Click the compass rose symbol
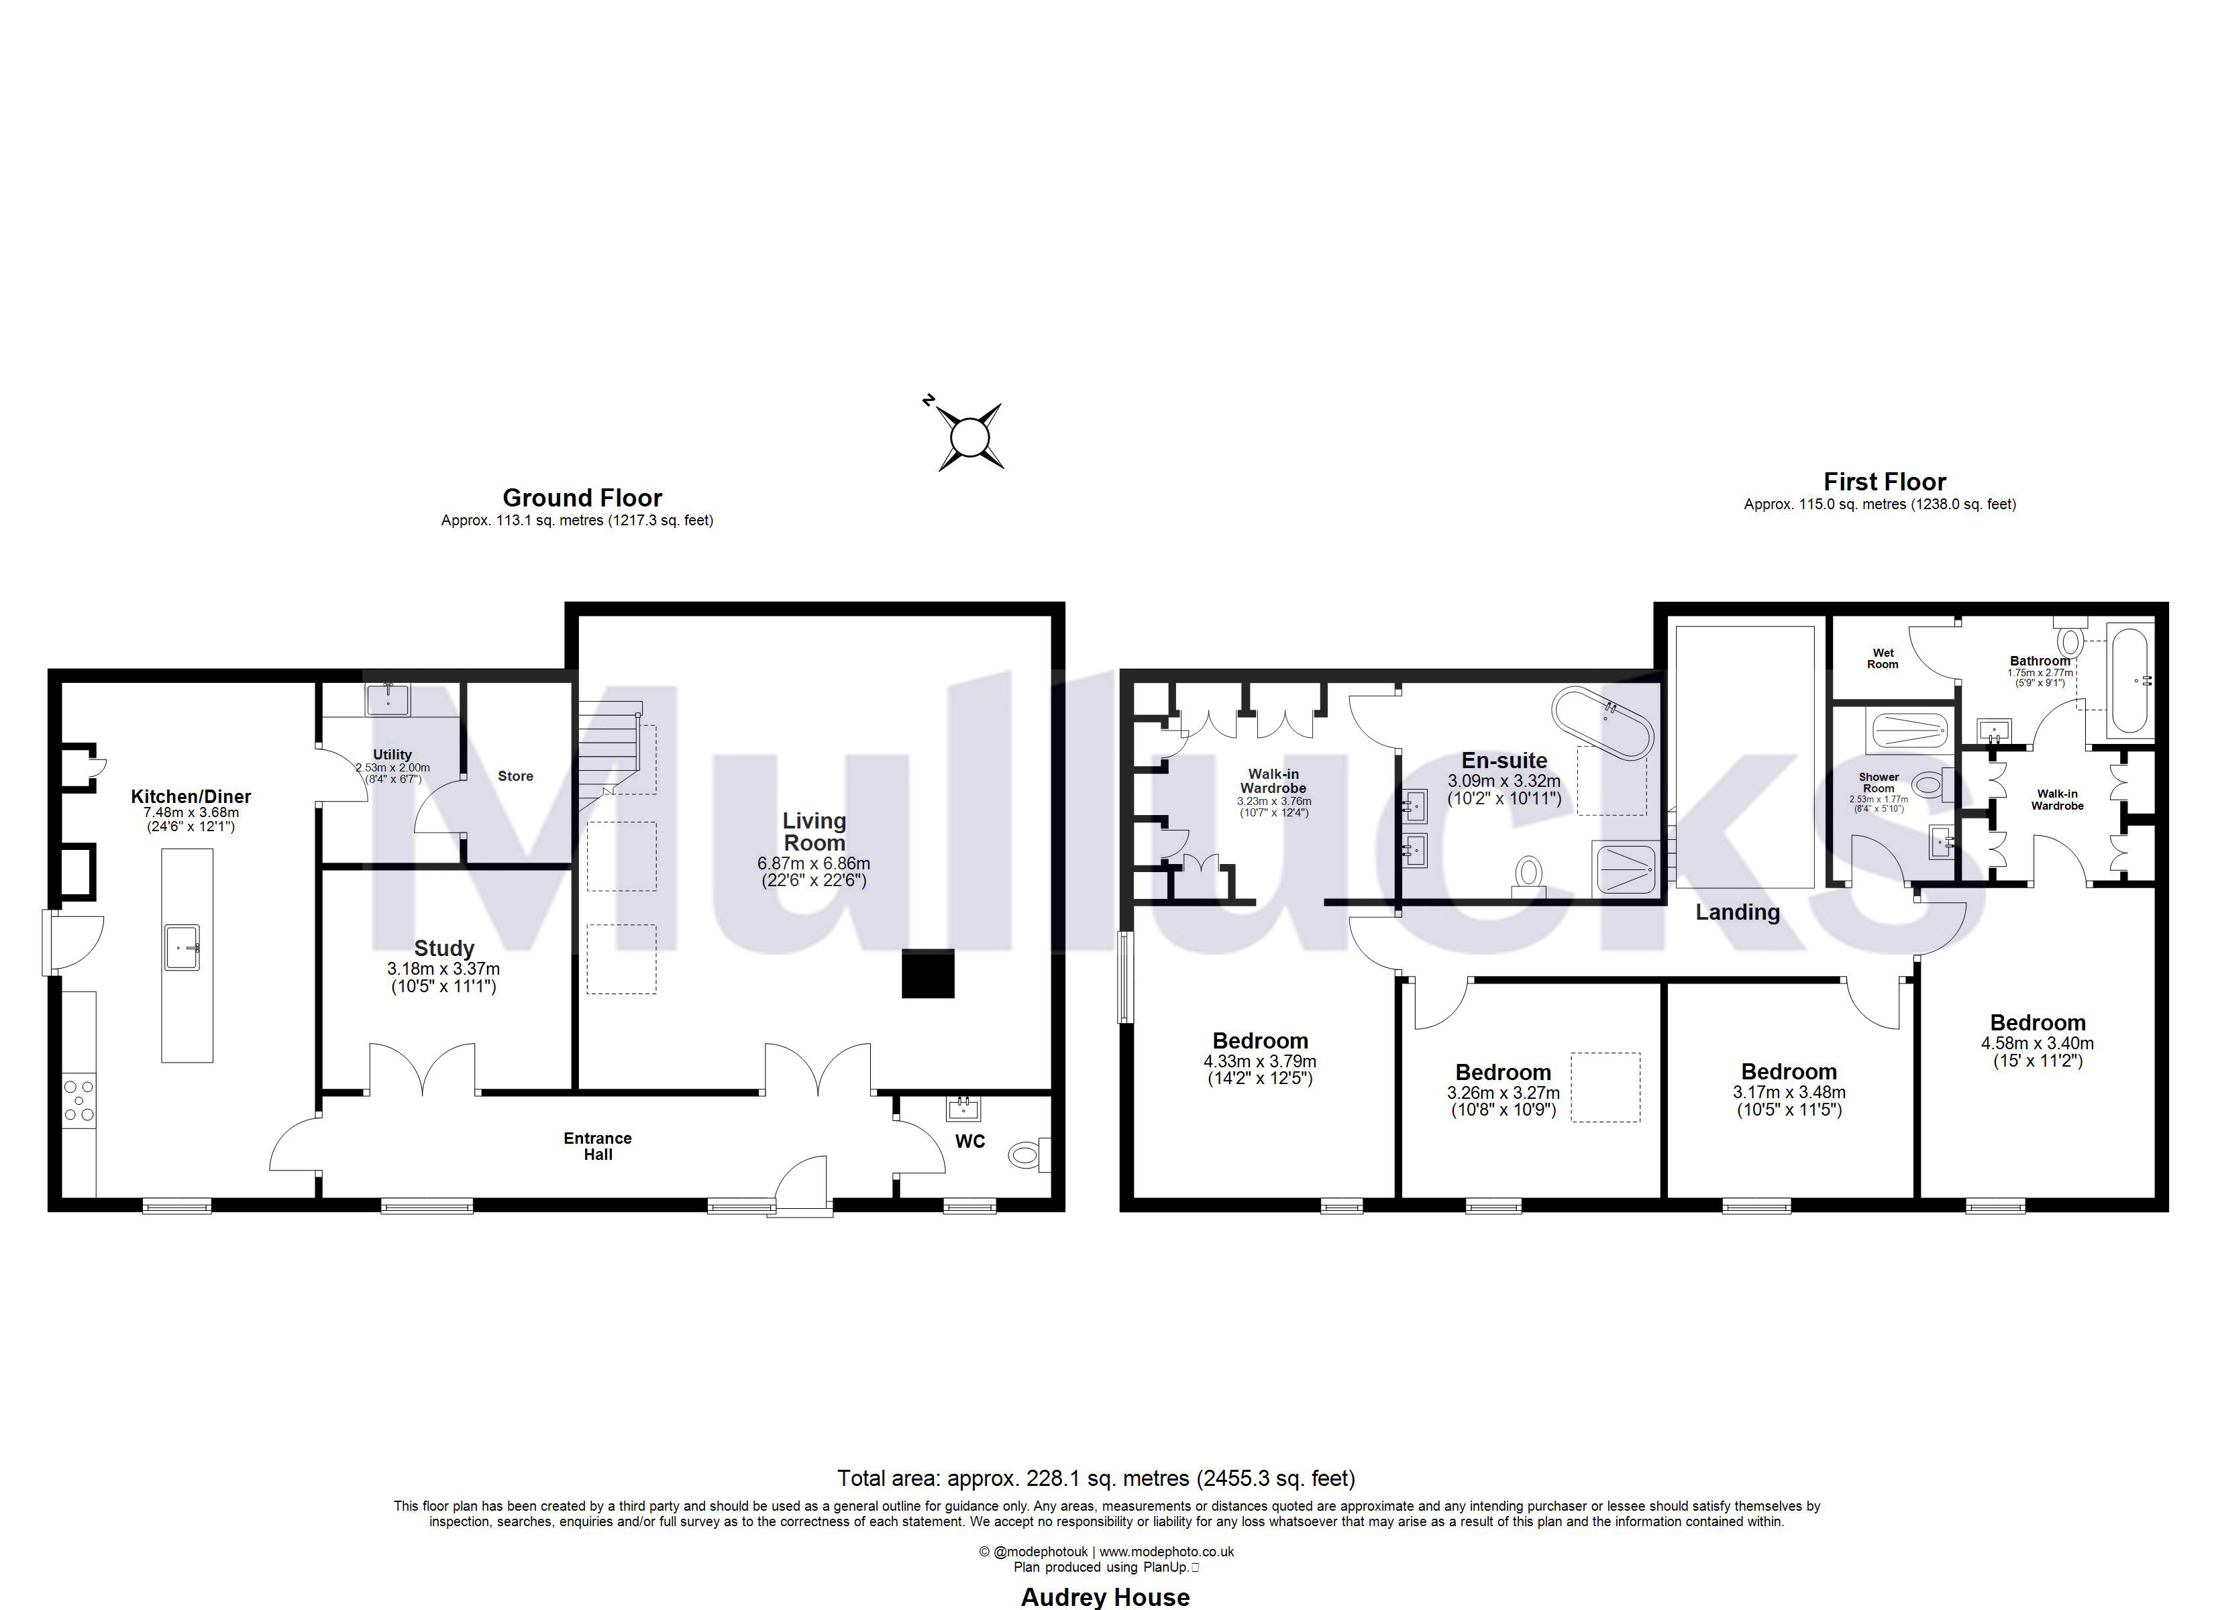[969, 437]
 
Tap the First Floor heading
[1884, 482]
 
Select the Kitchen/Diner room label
[191, 797]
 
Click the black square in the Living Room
[927, 973]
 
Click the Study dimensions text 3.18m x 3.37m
[443, 969]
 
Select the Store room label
[515, 776]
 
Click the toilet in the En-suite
[1528, 875]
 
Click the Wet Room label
[1883, 659]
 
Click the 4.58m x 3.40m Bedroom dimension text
[2038, 1044]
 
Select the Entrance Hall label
[597, 1146]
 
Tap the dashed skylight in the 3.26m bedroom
[1605, 1087]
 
